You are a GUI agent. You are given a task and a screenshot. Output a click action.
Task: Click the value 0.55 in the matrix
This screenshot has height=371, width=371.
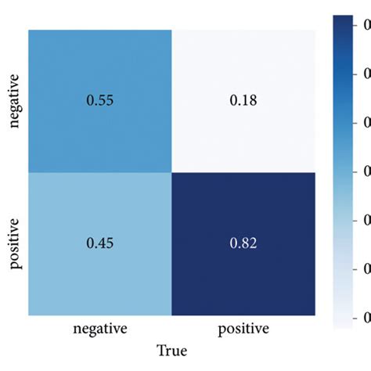[x=99, y=101]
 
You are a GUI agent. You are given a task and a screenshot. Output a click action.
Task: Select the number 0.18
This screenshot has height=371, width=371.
[x=242, y=101]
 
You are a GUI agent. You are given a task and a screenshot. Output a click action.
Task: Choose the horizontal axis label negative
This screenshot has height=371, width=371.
[x=99, y=326]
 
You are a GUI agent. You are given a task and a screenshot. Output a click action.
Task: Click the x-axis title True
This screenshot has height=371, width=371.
[x=171, y=350]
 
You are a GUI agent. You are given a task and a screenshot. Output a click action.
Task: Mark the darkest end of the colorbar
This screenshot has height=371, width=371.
[x=345, y=20]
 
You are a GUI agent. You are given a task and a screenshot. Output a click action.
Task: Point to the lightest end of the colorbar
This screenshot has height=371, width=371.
[x=345, y=321]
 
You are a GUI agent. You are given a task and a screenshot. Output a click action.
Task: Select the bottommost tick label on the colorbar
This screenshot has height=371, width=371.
[x=366, y=317]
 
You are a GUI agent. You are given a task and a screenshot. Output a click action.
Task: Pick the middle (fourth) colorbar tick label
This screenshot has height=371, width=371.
[x=366, y=171]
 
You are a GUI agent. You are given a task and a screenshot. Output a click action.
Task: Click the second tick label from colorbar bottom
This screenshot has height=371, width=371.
[x=366, y=268]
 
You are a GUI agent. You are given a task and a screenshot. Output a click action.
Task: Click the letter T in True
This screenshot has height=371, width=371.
[x=160, y=350]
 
